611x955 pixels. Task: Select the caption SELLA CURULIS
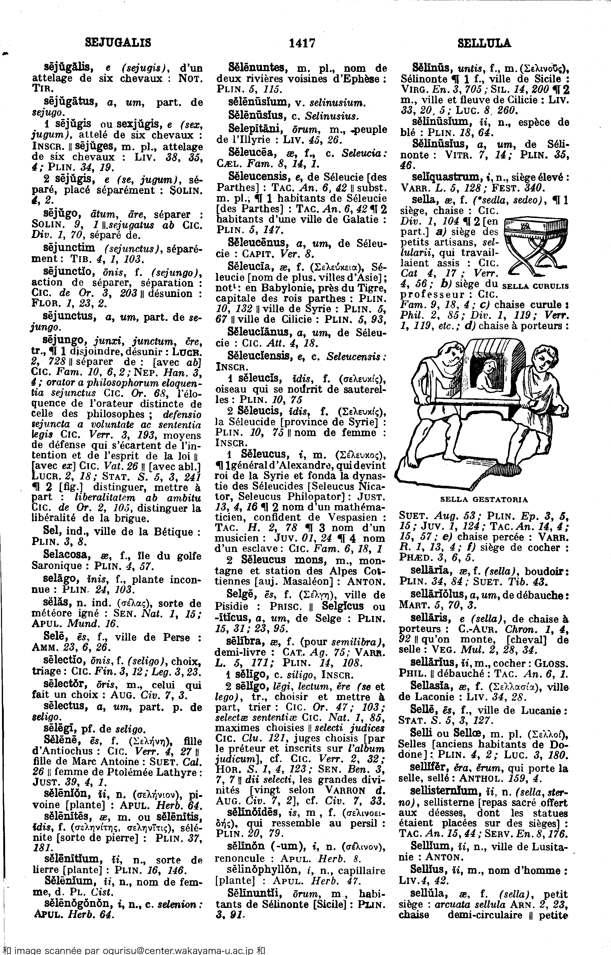pyautogui.click(x=536, y=286)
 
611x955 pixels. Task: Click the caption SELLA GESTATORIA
pyautogui.click(x=483, y=499)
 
